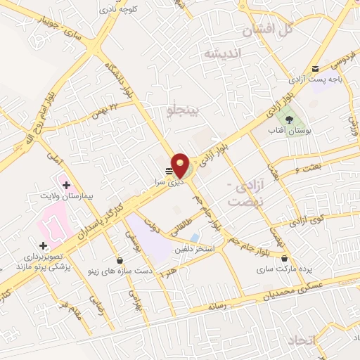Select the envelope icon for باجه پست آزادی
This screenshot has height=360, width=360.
[316, 68]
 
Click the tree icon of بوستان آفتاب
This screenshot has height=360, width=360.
[290, 117]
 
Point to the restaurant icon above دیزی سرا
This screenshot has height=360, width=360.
[169, 170]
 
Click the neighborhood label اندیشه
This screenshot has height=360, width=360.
[221, 53]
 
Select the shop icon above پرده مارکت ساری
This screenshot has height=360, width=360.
[283, 259]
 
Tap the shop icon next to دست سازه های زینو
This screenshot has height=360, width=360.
[119, 259]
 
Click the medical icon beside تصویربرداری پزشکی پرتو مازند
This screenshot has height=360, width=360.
[44, 245]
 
